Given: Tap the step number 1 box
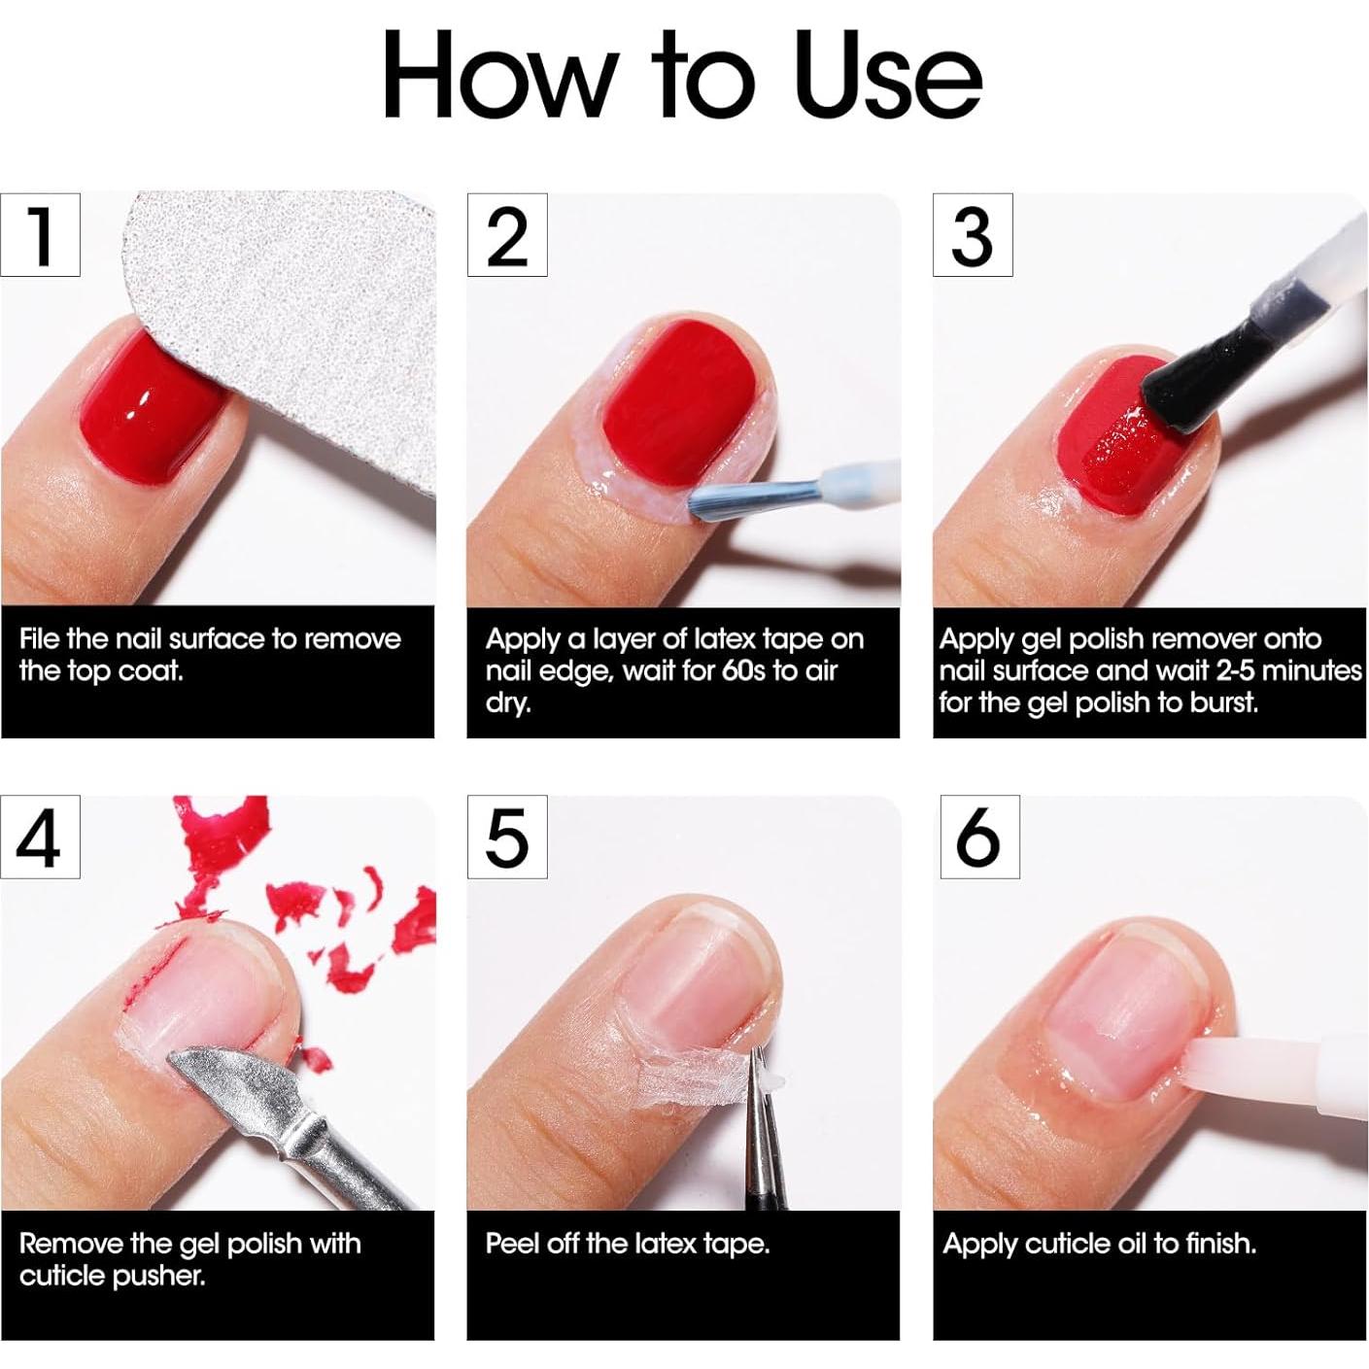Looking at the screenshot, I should pos(40,235).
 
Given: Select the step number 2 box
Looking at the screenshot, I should pos(507,235).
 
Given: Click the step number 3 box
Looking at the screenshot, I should pos(973,235).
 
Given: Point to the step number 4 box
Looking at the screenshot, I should pos(40,838).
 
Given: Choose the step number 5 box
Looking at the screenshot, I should pos(507,838).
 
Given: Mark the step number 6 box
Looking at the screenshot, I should pos(979,838).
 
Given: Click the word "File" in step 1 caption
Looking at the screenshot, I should pos(40,639).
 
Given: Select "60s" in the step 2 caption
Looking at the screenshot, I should pos(743,671).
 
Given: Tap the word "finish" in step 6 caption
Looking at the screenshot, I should pos(1215,1244).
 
